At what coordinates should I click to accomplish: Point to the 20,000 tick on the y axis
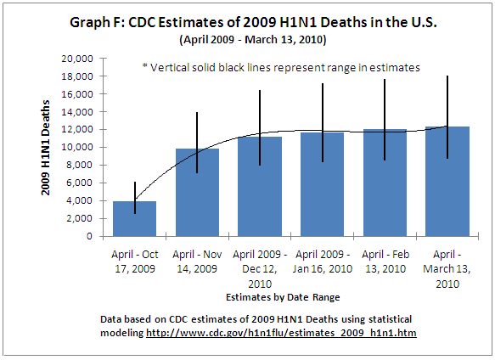[x=77, y=59]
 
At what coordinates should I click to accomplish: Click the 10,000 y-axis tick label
[x=77, y=148]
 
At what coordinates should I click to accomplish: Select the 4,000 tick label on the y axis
[x=80, y=201]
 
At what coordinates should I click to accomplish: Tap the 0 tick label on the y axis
[x=89, y=237]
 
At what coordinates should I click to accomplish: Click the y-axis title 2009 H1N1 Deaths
[x=48, y=148]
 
